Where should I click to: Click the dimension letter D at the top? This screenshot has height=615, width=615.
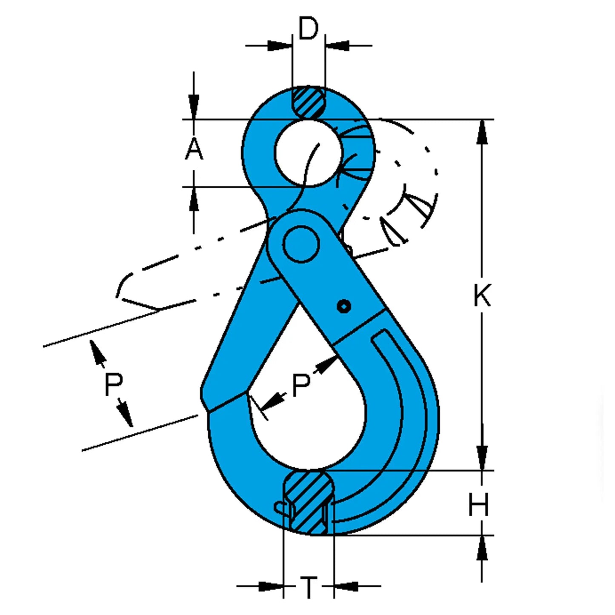308,29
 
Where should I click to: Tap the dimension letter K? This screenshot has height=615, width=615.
482,295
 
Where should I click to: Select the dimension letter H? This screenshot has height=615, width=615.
479,505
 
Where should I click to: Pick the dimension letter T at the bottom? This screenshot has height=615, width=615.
309,587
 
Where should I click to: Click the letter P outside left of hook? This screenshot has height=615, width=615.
113,384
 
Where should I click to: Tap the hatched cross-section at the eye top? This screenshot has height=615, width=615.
308,102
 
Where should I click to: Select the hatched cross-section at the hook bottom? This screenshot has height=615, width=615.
309,502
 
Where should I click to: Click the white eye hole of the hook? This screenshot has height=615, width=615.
308,152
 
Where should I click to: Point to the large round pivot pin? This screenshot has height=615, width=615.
301,244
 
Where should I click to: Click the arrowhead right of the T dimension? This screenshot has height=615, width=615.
345,586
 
